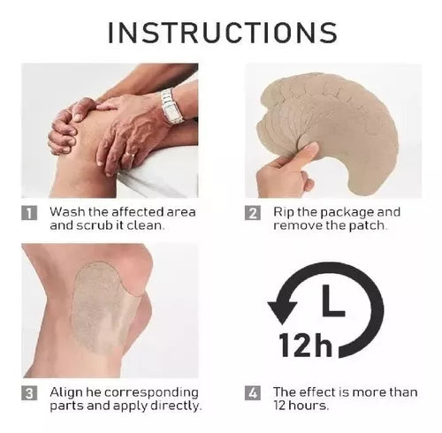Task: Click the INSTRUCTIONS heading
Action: point(223,32)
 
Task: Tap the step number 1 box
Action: point(29,213)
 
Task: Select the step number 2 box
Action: point(253,213)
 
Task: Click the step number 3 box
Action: point(29,393)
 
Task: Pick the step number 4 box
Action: point(253,393)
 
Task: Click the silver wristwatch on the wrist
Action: point(172,105)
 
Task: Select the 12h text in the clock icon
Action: point(306,345)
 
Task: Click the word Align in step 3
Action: point(65,393)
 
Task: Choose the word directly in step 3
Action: point(176,406)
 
